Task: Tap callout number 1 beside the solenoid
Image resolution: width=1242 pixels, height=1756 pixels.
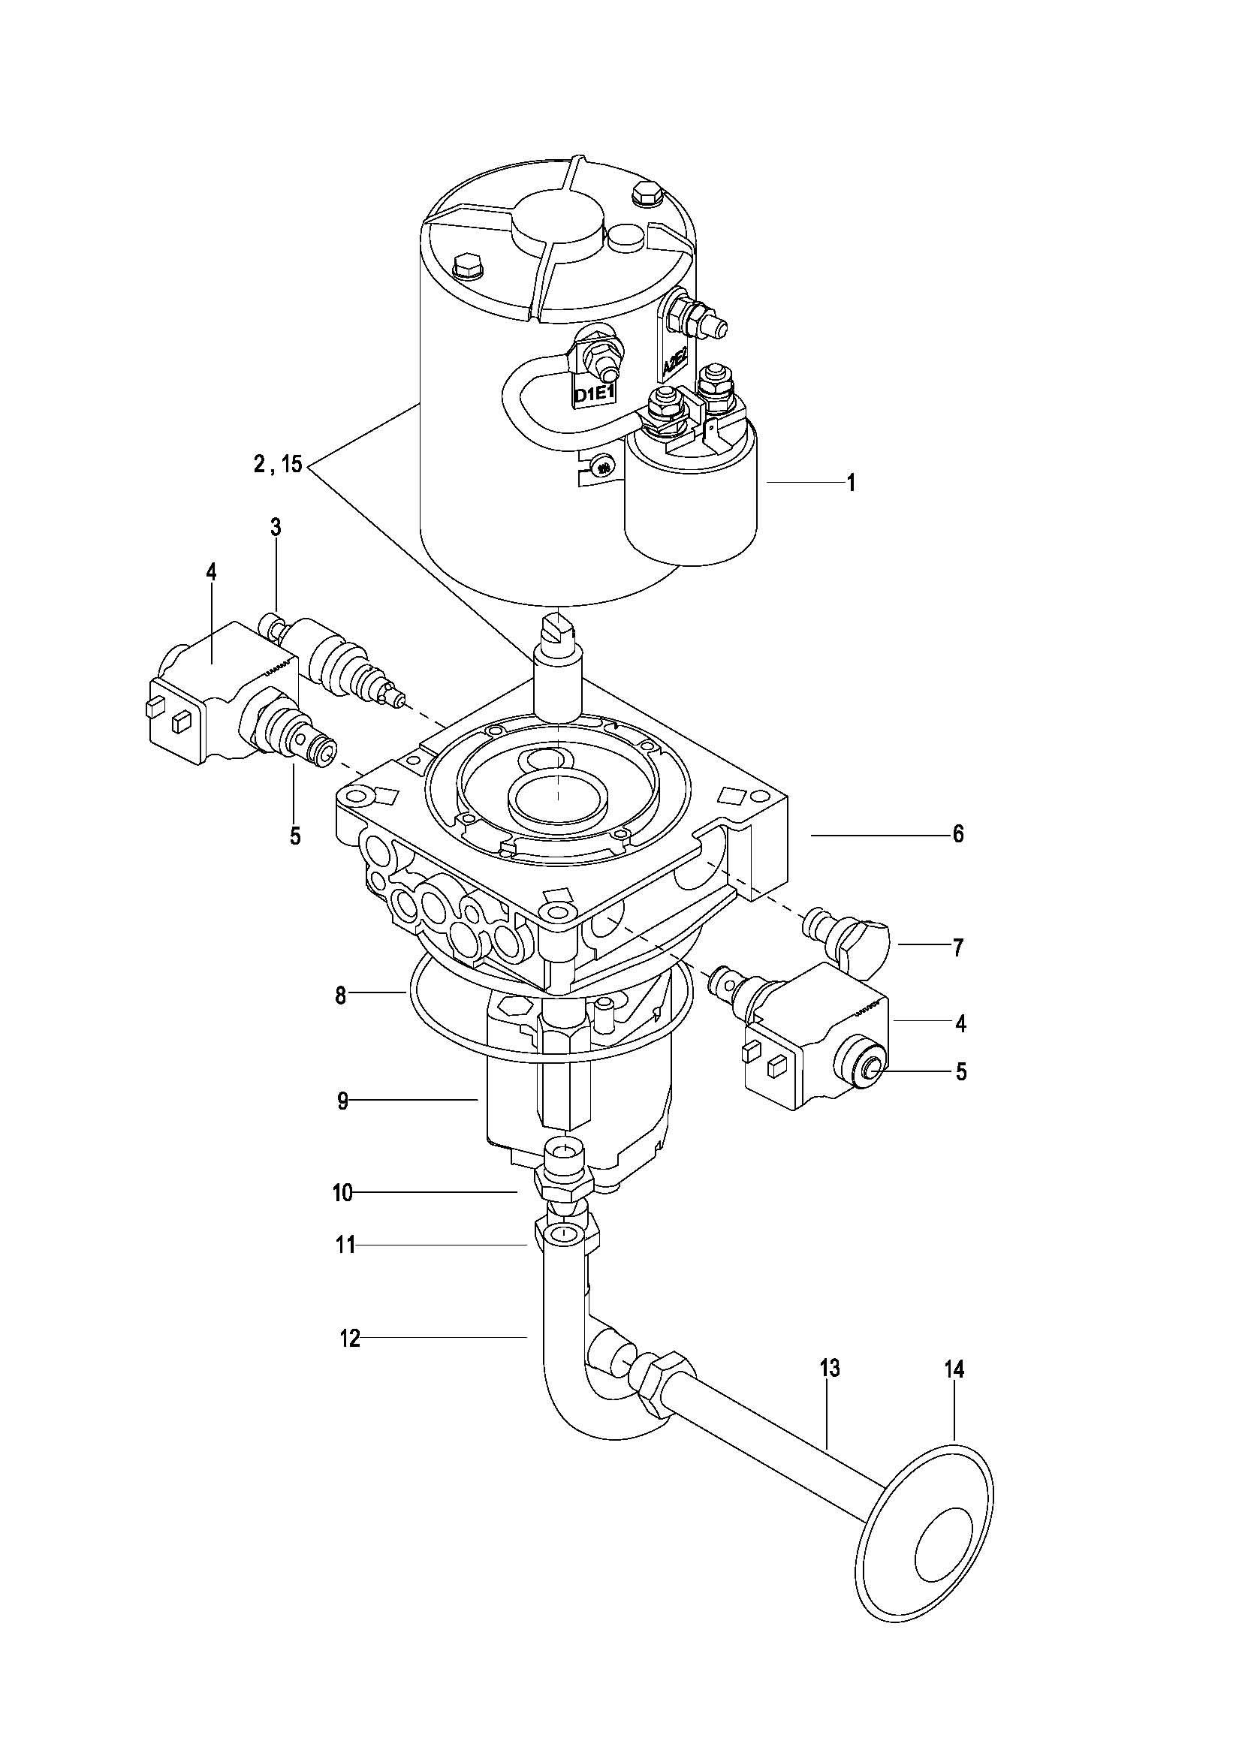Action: tap(850, 483)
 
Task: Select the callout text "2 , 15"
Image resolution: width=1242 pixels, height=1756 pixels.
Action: tap(279, 463)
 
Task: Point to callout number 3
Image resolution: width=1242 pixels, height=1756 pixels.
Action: tap(276, 527)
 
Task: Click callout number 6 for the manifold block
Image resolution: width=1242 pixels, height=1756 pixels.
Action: tap(958, 834)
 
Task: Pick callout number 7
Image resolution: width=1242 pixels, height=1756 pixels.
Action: tap(958, 948)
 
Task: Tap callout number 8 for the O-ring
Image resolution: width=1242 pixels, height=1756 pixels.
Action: tap(340, 995)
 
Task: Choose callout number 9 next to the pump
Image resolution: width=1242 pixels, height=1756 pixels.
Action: tap(342, 1101)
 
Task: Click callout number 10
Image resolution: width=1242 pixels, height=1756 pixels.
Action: tap(342, 1193)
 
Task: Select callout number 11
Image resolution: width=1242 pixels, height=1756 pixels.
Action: tap(345, 1246)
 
